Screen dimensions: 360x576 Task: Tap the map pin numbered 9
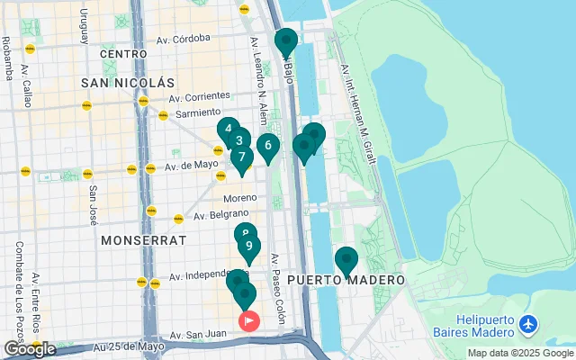click(x=249, y=247)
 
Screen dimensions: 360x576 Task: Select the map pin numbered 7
click(x=241, y=157)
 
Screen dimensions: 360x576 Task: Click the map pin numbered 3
click(x=238, y=141)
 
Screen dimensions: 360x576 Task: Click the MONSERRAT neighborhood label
click(x=143, y=240)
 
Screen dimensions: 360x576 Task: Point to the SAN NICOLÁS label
click(x=127, y=83)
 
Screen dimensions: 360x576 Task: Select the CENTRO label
click(x=123, y=54)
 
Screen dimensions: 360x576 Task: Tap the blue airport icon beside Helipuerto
click(x=528, y=322)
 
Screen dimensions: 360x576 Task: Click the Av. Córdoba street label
click(x=183, y=39)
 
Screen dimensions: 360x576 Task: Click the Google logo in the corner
click(x=29, y=349)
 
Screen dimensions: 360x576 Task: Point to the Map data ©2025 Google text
click(x=519, y=353)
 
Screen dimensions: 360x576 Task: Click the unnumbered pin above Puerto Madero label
click(x=346, y=259)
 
